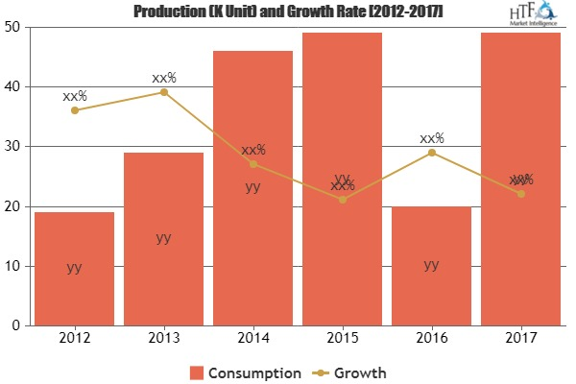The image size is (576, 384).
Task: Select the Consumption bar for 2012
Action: pyautogui.click(x=74, y=269)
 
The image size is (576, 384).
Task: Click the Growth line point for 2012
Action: pyautogui.click(x=74, y=110)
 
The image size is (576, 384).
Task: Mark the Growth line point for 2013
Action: pyautogui.click(x=163, y=92)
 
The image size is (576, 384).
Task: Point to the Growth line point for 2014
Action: pyautogui.click(x=252, y=164)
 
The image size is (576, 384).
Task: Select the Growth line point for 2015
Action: pyautogui.click(x=342, y=200)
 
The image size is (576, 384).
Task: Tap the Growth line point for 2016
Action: pyautogui.click(x=431, y=153)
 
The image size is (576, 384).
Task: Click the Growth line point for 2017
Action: pyautogui.click(x=520, y=194)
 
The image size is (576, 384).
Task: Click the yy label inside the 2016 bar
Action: pyautogui.click(x=431, y=264)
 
